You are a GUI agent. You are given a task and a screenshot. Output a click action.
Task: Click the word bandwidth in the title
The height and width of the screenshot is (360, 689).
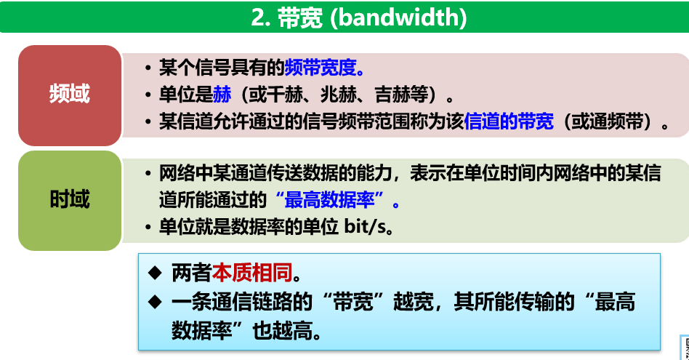[x=399, y=17]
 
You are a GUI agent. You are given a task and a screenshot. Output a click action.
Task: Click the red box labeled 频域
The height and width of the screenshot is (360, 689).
[x=70, y=95]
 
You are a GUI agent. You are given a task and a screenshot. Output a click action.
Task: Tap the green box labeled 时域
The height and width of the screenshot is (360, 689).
[x=70, y=201]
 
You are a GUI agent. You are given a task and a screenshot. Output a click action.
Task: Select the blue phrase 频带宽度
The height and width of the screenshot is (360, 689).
[x=321, y=67]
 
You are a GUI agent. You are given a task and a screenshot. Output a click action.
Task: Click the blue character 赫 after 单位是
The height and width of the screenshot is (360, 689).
[x=222, y=94]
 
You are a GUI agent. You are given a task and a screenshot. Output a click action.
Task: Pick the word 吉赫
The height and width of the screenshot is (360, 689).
[x=393, y=94]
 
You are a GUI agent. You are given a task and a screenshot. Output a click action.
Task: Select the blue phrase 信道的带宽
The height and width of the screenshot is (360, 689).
[x=509, y=121]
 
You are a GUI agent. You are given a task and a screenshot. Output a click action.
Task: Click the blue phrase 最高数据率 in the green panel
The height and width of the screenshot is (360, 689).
[x=329, y=201]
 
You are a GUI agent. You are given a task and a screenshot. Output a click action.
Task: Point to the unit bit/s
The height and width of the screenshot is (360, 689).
[x=365, y=227]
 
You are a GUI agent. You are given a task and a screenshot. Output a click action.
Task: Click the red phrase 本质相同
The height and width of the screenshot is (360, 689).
[x=252, y=273]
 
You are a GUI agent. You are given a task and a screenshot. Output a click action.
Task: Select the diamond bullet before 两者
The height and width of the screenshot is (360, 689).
[x=155, y=273]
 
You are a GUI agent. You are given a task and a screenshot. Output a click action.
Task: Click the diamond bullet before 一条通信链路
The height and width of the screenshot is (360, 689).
[x=155, y=302]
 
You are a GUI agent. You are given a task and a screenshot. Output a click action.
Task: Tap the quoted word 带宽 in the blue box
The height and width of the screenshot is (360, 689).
[x=352, y=302]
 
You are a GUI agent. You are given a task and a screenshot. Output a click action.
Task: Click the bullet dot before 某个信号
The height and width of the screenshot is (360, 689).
[x=148, y=68]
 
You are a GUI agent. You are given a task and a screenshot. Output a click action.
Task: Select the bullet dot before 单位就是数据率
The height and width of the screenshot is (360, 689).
[x=148, y=228]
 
